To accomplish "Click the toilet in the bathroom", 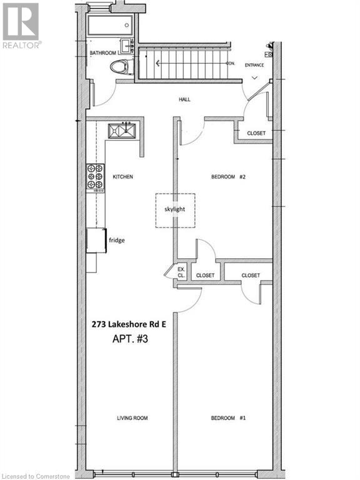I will pos(121,67).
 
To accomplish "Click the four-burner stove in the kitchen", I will pos(95,177).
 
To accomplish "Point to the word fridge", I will pos(116,239).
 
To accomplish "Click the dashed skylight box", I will pos(175,209).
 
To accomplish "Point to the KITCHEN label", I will pos(122,177).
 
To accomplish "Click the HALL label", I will pos(184,99).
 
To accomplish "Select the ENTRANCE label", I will pos(254,64).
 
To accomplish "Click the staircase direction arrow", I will pos(157,62).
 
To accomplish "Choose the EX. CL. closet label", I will pos(181,272).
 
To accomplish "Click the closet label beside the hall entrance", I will pos(256,133).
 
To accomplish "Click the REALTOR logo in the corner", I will pos(21,25).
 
